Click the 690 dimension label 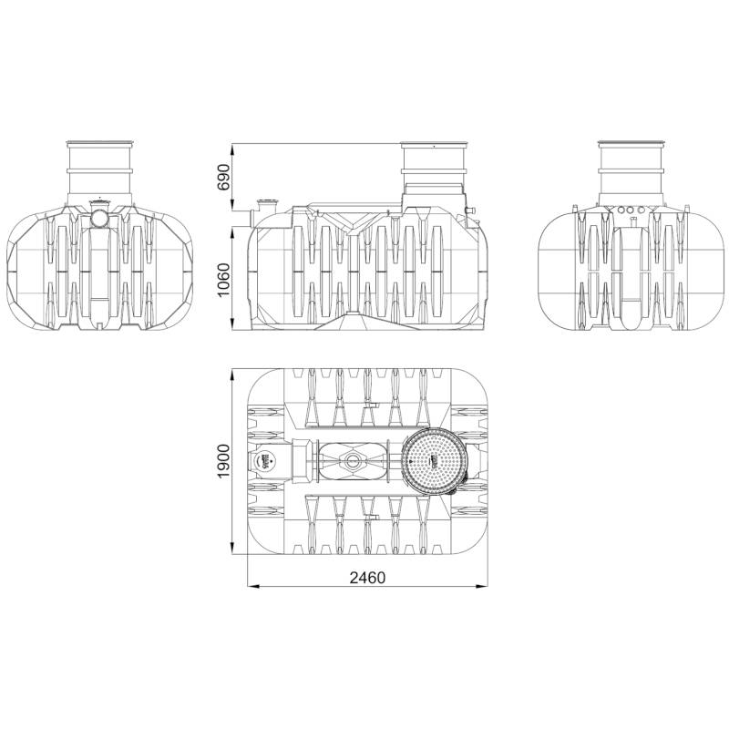[x=223, y=177]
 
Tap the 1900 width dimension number [x=223, y=461]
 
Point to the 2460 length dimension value [x=367, y=578]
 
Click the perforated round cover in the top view [x=434, y=460]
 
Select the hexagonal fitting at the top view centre [x=352, y=461]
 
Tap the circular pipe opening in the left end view [x=99, y=218]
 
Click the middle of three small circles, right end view [x=631, y=210]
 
